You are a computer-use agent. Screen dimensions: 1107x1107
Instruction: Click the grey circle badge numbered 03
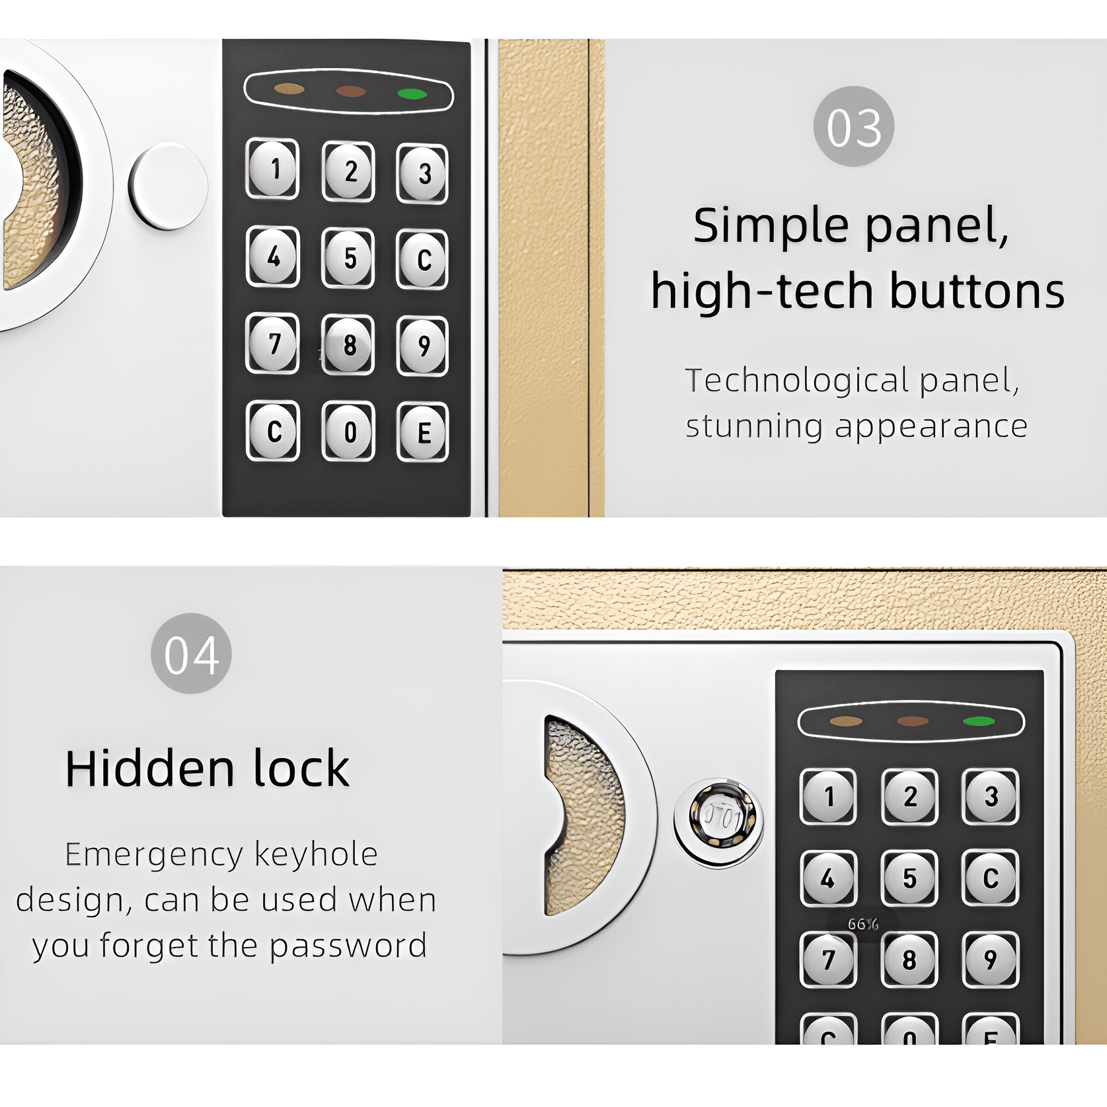[853, 126]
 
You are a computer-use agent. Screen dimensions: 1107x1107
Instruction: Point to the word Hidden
[150, 769]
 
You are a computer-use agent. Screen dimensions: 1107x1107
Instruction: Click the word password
[349, 946]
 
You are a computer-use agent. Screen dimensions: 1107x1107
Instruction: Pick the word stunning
[754, 426]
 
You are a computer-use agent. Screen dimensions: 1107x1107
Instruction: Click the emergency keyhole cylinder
[719, 818]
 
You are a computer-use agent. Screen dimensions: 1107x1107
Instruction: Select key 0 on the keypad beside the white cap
[349, 431]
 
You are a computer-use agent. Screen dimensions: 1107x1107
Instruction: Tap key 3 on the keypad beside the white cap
[422, 174]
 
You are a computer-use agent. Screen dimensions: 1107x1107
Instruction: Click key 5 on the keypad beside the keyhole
[909, 878]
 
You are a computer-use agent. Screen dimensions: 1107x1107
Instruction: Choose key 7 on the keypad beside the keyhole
[828, 960]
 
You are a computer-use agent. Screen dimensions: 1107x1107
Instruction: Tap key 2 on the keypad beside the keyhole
[909, 796]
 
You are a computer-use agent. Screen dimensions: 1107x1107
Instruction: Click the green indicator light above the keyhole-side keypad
[979, 722]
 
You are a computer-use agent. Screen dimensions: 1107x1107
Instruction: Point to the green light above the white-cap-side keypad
[412, 94]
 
